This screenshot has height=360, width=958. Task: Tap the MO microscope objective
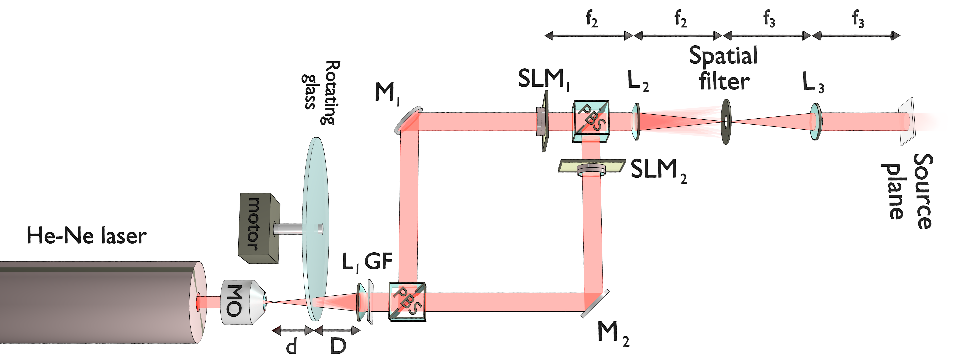[x=242, y=302]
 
